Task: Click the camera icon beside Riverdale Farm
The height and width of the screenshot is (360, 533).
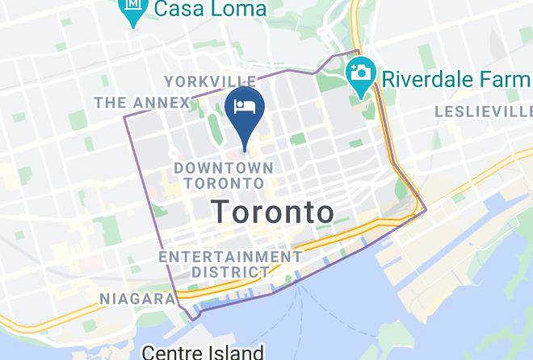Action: click(x=360, y=73)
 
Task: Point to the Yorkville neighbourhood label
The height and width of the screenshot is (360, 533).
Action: click(x=210, y=82)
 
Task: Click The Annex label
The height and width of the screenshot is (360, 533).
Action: click(x=141, y=103)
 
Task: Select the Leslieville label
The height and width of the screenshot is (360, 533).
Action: click(x=483, y=111)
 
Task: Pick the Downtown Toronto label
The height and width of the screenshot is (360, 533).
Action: click(x=224, y=175)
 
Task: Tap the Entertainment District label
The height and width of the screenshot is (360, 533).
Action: click(x=230, y=264)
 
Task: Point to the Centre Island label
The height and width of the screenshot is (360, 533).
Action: click(x=203, y=352)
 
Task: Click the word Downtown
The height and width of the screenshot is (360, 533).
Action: click(x=224, y=167)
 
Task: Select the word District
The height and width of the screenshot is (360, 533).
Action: click(x=230, y=273)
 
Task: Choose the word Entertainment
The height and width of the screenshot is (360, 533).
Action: click(x=230, y=256)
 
